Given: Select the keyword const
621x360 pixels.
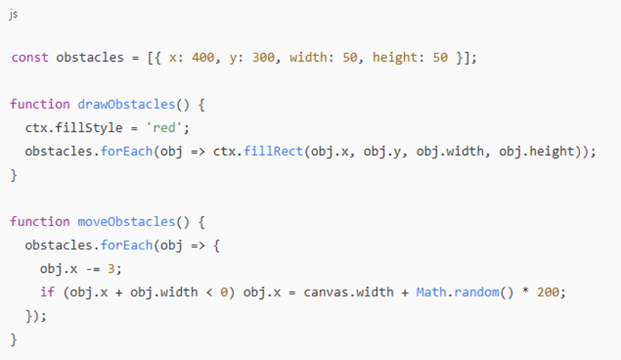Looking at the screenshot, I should pyautogui.click(x=29, y=57).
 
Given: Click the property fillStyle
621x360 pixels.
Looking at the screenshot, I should pyautogui.click(x=89, y=128).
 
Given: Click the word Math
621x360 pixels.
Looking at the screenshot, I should pyautogui.click(x=431, y=292).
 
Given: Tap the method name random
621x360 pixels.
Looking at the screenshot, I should pyautogui.click(x=472, y=292).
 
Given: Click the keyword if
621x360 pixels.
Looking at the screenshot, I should pyautogui.click(x=47, y=292).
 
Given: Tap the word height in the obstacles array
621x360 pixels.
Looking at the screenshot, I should pyautogui.click(x=394, y=57).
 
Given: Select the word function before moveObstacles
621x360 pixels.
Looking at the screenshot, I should pyautogui.click(x=40, y=222).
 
